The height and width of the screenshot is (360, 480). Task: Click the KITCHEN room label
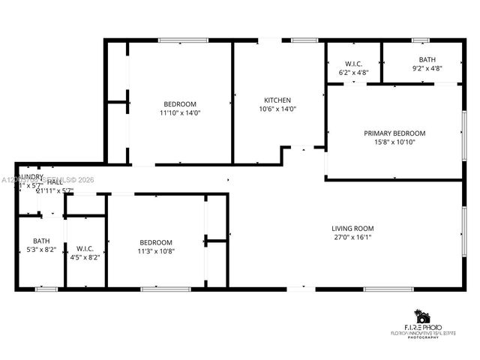277,100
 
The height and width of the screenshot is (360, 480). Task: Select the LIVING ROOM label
352,228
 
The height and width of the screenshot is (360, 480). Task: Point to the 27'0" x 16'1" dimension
352,237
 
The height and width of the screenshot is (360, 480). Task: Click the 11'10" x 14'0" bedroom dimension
180,112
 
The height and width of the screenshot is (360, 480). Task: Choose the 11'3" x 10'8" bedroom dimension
156,251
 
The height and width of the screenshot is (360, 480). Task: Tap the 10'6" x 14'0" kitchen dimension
277,109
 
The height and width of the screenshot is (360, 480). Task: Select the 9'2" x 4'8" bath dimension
427,68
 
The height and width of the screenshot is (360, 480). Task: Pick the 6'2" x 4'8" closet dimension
354,73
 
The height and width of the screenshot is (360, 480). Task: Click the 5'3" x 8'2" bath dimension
41,250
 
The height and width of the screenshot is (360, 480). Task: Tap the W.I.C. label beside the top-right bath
354,64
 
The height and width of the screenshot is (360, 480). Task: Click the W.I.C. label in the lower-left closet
83,248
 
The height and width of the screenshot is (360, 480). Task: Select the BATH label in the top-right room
427,59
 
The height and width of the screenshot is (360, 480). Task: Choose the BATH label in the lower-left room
41,241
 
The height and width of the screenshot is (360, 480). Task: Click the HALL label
55,182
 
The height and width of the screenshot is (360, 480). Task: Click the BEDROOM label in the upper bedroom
180,103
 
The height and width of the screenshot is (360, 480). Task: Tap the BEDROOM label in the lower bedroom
156,242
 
